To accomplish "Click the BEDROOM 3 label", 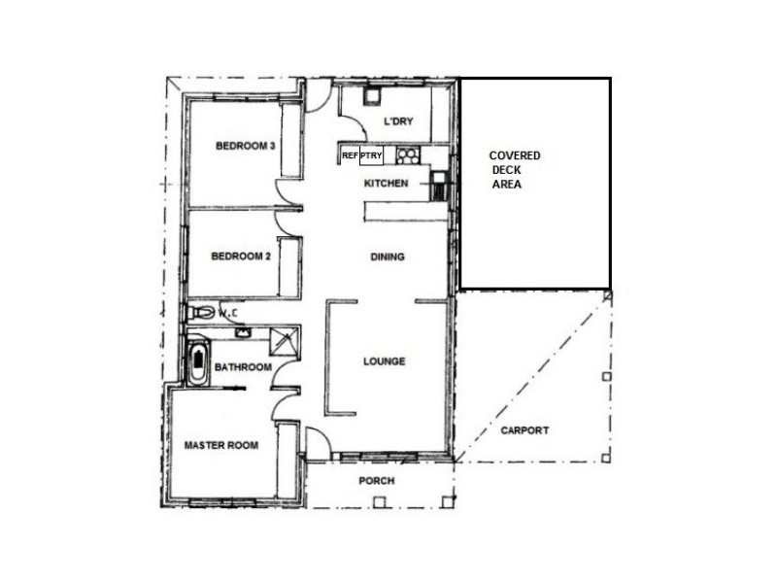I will click(246, 146).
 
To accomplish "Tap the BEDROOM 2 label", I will click(241, 257).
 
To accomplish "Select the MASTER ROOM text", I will click(221, 445).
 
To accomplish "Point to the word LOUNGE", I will click(384, 361).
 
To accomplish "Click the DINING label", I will click(388, 257).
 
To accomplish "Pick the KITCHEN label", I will click(386, 184).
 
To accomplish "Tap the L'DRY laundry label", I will click(399, 121).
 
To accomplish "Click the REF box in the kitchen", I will click(350, 154).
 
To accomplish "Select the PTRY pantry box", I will click(371, 154).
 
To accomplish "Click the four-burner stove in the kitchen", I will click(406, 154).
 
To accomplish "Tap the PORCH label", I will click(377, 481).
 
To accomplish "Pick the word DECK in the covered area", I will click(506, 169).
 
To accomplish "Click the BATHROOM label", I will click(243, 367).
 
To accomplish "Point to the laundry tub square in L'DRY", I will click(372, 96).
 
